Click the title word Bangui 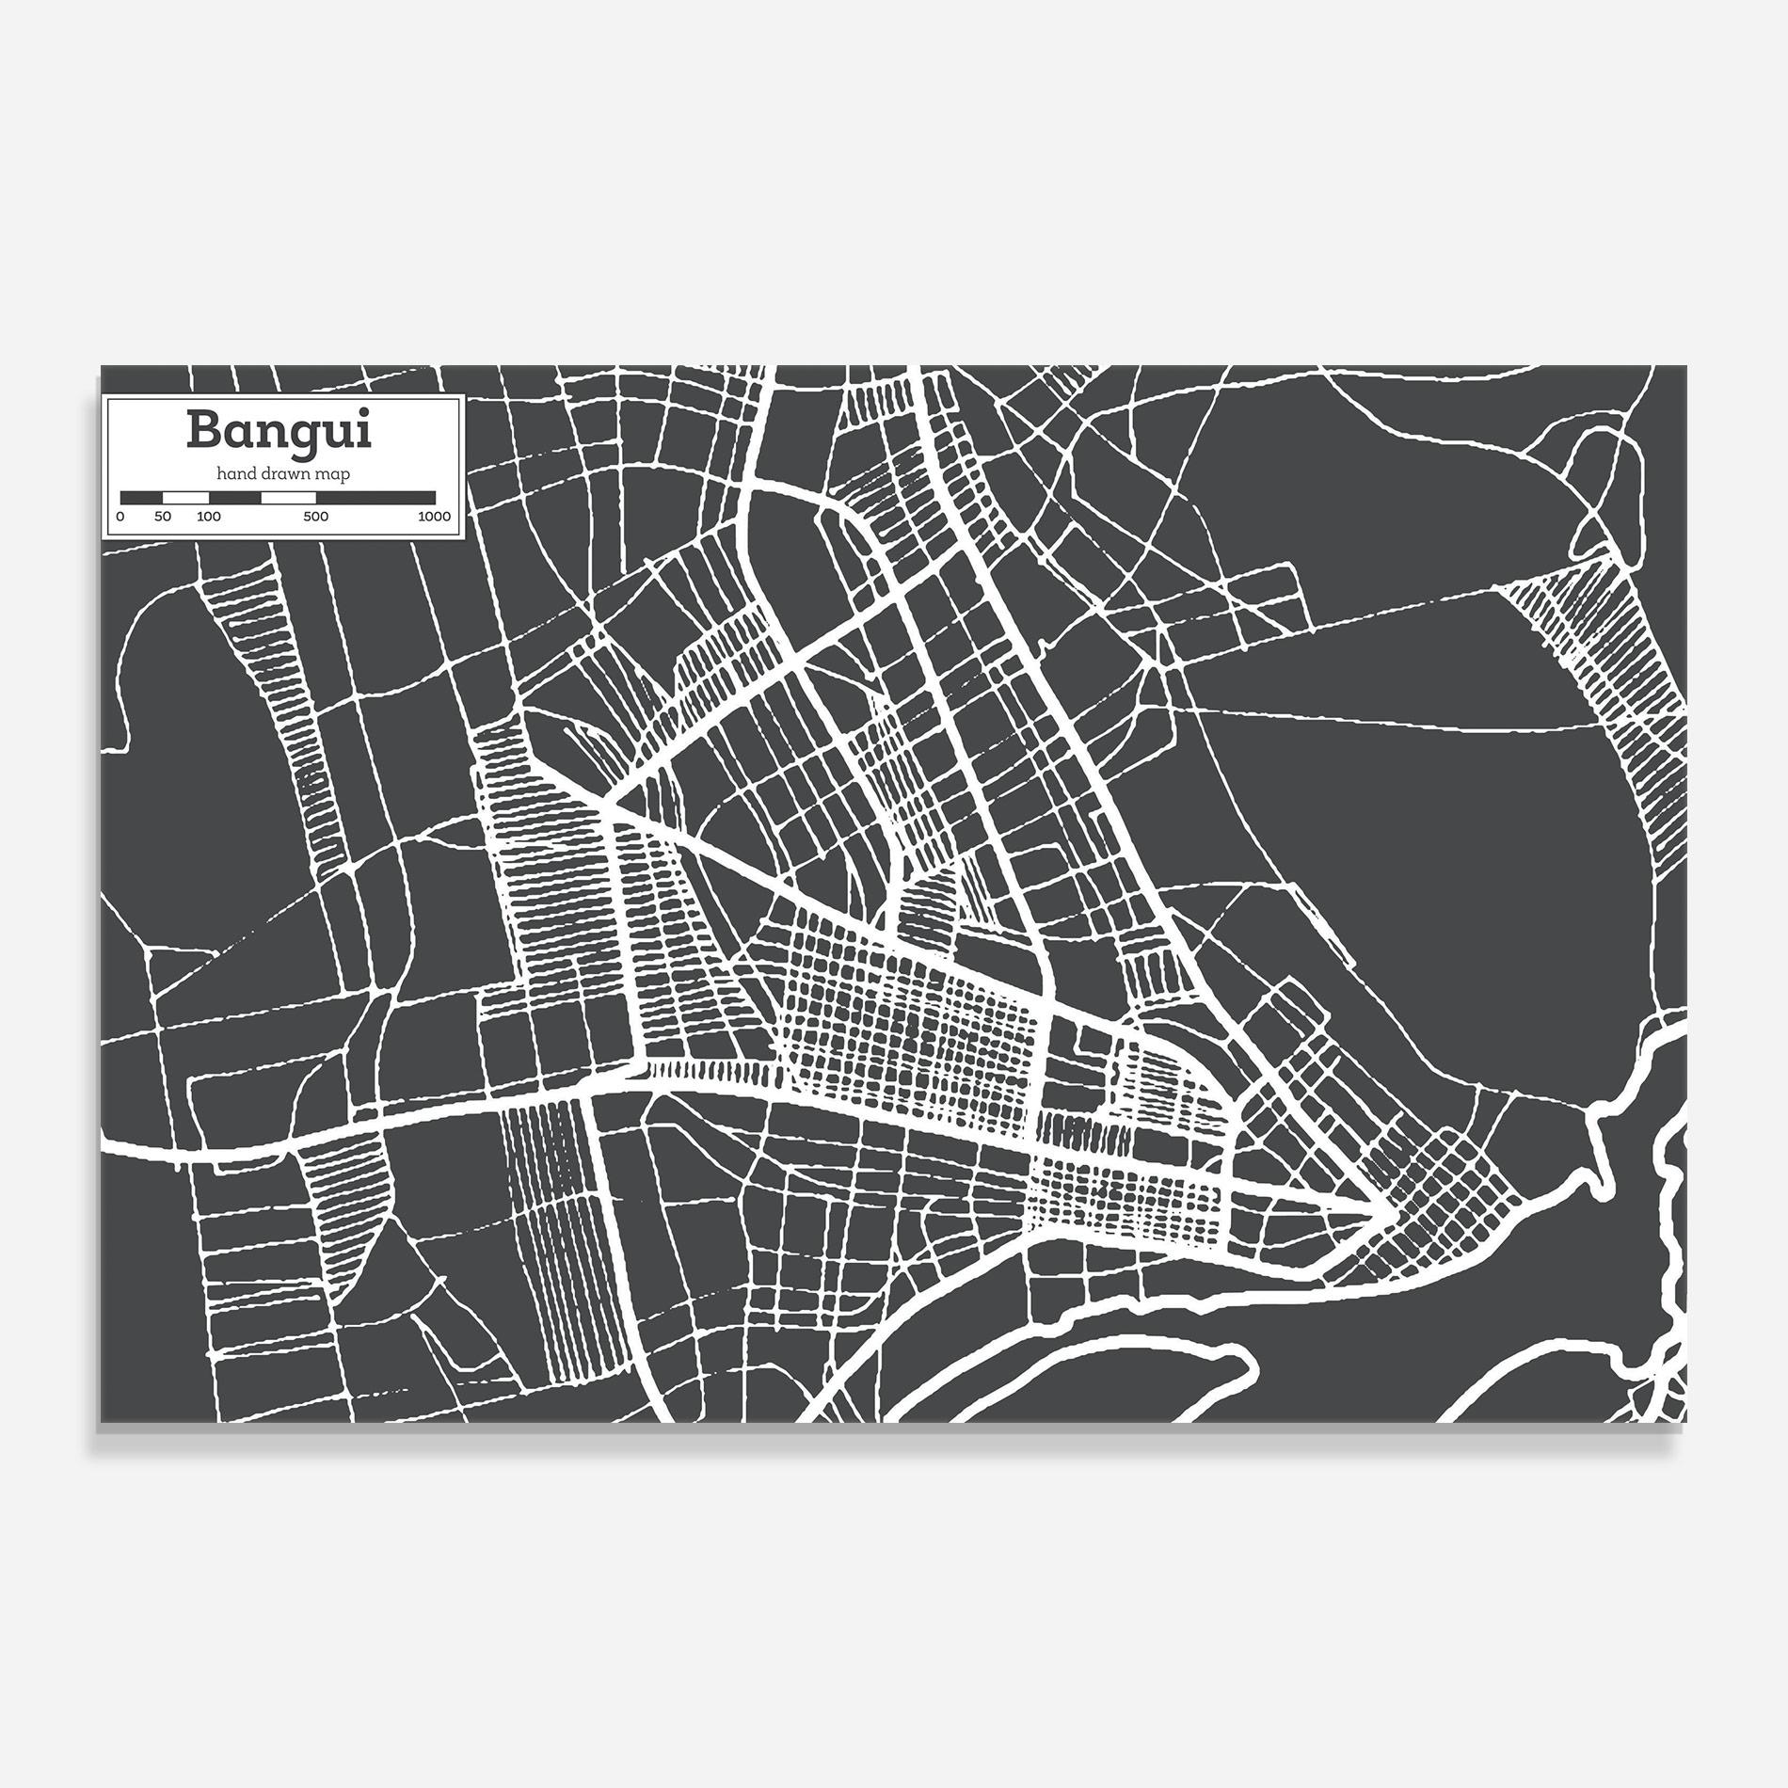pyautogui.click(x=279, y=431)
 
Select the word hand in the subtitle pyautogui.click(x=235, y=473)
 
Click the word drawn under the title pyautogui.click(x=286, y=473)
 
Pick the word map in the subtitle pyautogui.click(x=334, y=474)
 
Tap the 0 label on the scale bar pyautogui.click(x=120, y=517)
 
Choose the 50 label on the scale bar pyautogui.click(x=163, y=517)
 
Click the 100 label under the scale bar pyautogui.click(x=209, y=517)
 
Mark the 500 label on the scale pyautogui.click(x=316, y=517)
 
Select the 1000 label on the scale pyautogui.click(x=434, y=517)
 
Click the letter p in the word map pyautogui.click(x=344, y=476)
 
